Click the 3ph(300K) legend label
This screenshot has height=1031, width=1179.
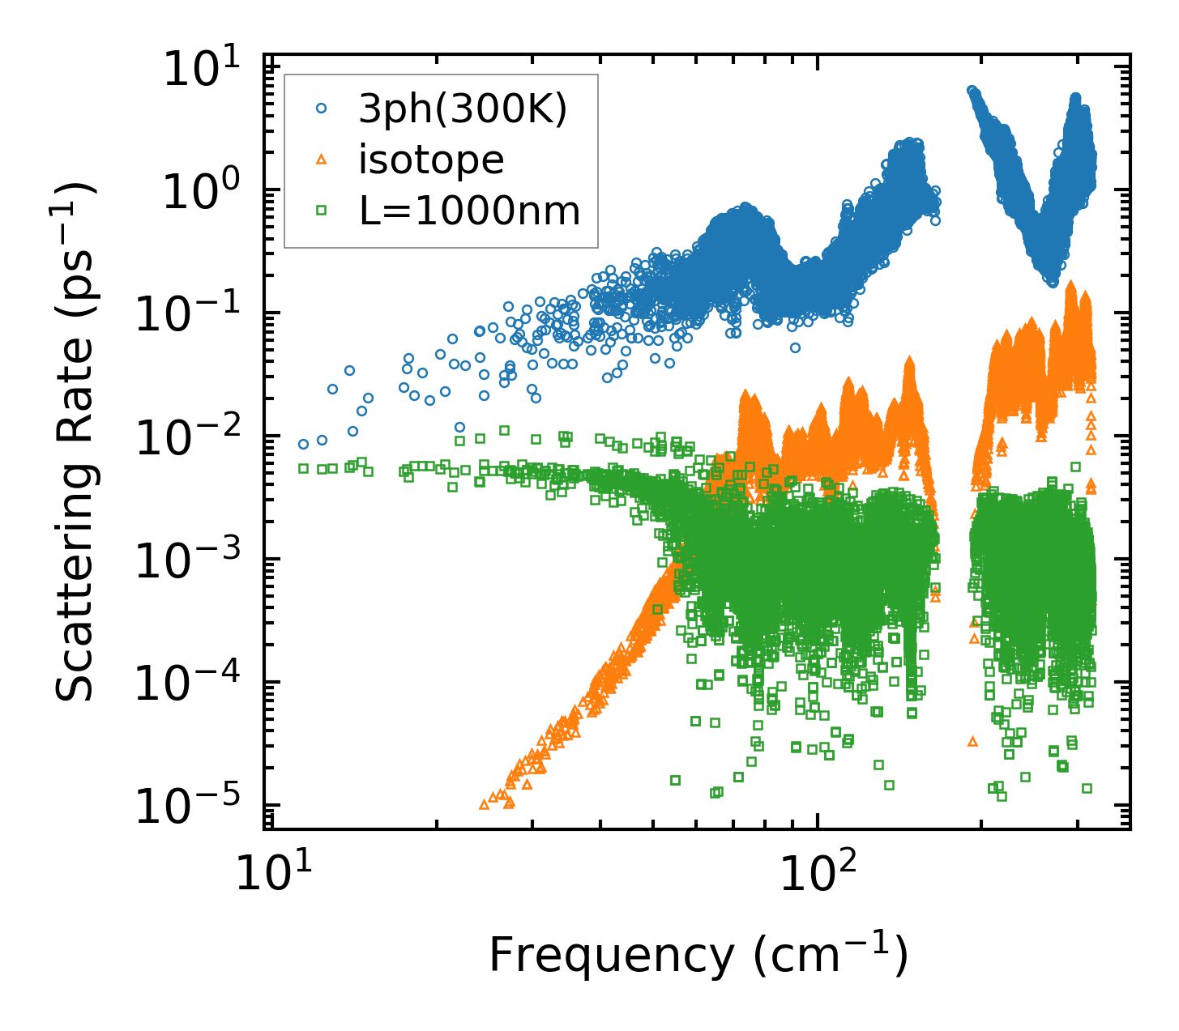(x=463, y=111)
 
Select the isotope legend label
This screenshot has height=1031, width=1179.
(x=431, y=160)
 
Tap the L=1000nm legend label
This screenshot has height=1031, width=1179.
(x=470, y=211)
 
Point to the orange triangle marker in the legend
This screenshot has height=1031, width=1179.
(x=321, y=160)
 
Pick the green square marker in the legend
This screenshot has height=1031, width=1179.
(x=321, y=211)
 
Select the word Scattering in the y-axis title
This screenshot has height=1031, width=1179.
(x=75, y=608)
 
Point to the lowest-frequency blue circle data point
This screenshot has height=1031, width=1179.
(x=303, y=444)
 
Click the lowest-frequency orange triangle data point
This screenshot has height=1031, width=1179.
(x=484, y=804)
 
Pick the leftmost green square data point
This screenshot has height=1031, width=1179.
(x=303, y=468)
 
